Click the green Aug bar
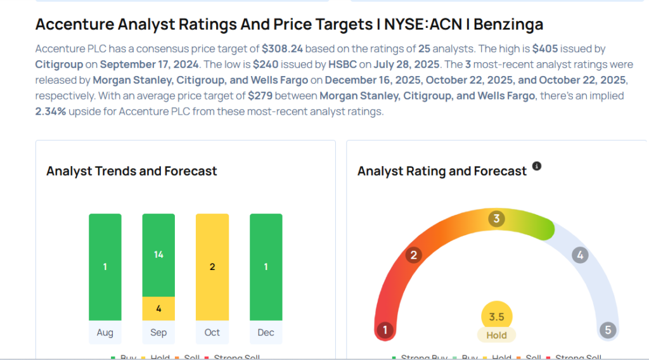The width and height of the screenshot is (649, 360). click(105, 267)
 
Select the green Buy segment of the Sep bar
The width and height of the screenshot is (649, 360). click(158, 255)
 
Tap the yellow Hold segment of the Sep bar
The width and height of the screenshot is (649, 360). click(158, 309)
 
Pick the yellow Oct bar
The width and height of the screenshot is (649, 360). click(212, 267)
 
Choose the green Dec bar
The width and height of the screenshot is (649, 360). click(266, 267)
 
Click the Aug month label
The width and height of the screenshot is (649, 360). click(105, 333)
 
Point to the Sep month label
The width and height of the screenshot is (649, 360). click(158, 333)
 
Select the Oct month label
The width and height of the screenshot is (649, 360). click(212, 333)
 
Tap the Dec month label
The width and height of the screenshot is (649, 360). click(266, 333)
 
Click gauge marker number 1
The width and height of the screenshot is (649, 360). click(385, 330)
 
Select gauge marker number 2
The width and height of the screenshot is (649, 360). click(414, 255)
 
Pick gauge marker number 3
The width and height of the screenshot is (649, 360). click(496, 219)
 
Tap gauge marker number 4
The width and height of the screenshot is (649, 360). click(579, 255)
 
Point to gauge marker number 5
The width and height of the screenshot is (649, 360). click(608, 330)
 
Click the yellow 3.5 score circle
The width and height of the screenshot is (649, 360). click(496, 316)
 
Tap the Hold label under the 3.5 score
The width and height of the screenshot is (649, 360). click(496, 335)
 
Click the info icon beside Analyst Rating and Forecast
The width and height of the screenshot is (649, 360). click(537, 166)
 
